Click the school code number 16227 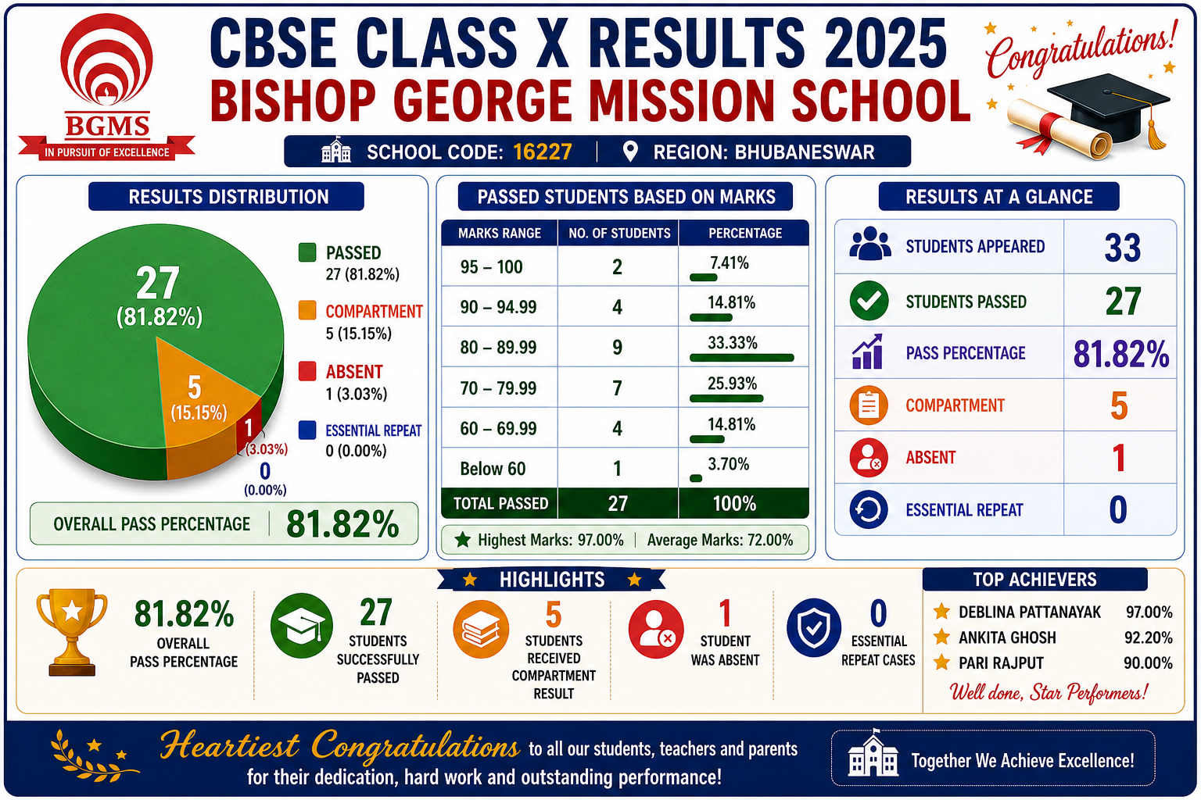[x=543, y=152]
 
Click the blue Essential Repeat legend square [x=307, y=430]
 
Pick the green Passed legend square [x=307, y=252]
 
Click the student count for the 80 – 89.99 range [x=617, y=347]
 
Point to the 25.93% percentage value [x=733, y=384]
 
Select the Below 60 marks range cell [x=493, y=469]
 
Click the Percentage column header [x=745, y=233]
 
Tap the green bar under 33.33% [x=741, y=358]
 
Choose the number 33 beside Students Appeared [x=1122, y=248]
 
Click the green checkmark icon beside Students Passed [x=869, y=301]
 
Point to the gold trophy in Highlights [x=72, y=632]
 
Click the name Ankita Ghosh [x=1007, y=637]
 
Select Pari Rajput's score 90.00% [x=1148, y=663]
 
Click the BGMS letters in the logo [x=107, y=127]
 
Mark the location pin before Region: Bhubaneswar [x=630, y=152]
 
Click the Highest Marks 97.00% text [x=550, y=540]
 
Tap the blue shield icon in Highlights [x=813, y=627]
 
